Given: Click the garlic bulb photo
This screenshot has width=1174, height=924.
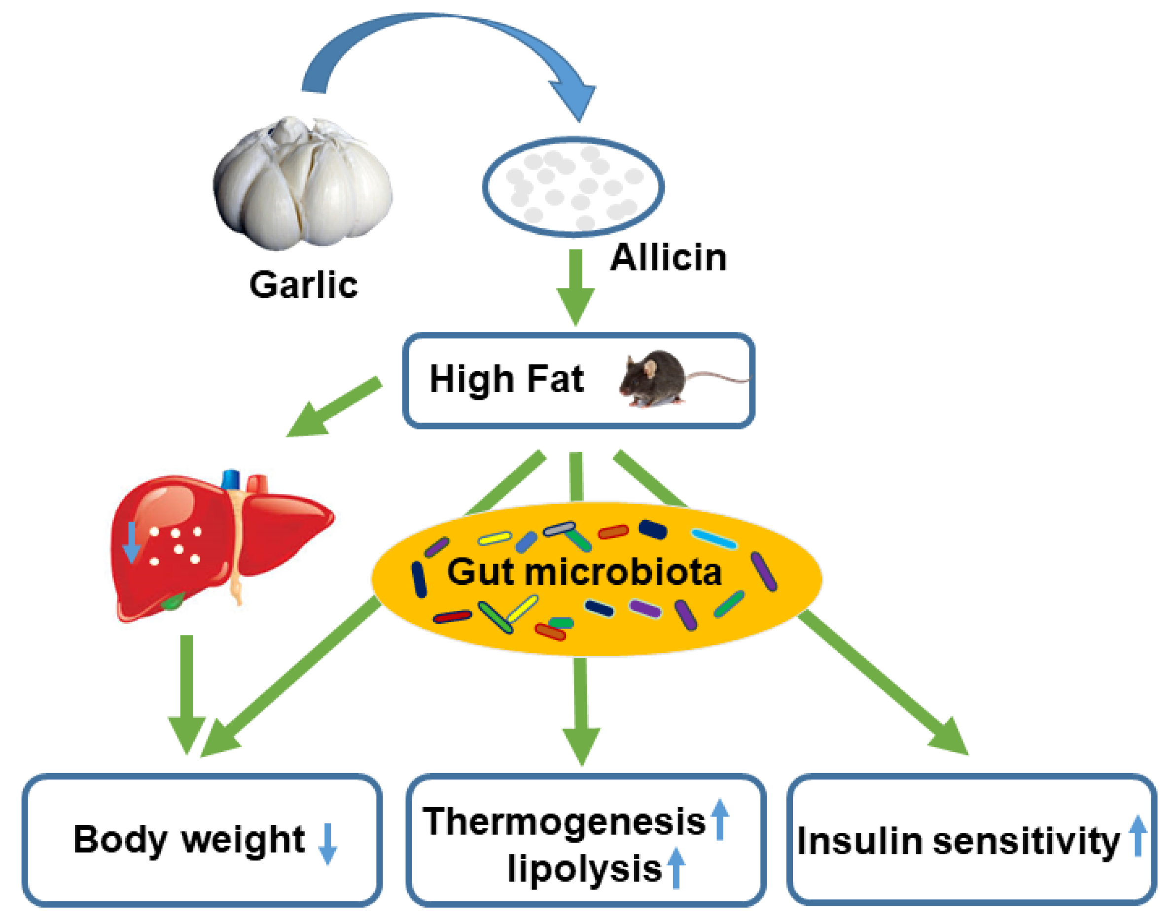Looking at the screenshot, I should (303, 184).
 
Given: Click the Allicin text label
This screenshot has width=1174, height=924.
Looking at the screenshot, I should (668, 257).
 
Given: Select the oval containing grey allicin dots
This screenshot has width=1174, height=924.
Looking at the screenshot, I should (573, 187).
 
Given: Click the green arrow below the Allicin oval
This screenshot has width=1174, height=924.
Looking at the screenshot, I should (576, 287).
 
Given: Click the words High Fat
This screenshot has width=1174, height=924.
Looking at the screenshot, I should (506, 379).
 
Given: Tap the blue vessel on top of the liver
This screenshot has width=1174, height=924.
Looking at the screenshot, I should (231, 479).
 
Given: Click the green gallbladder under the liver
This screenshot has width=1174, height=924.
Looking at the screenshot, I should (174, 600).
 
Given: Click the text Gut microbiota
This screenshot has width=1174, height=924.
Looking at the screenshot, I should (584, 572).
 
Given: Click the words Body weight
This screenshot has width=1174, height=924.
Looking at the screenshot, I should (189, 840).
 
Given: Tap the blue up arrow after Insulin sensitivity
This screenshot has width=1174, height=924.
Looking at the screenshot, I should (1138, 836).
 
